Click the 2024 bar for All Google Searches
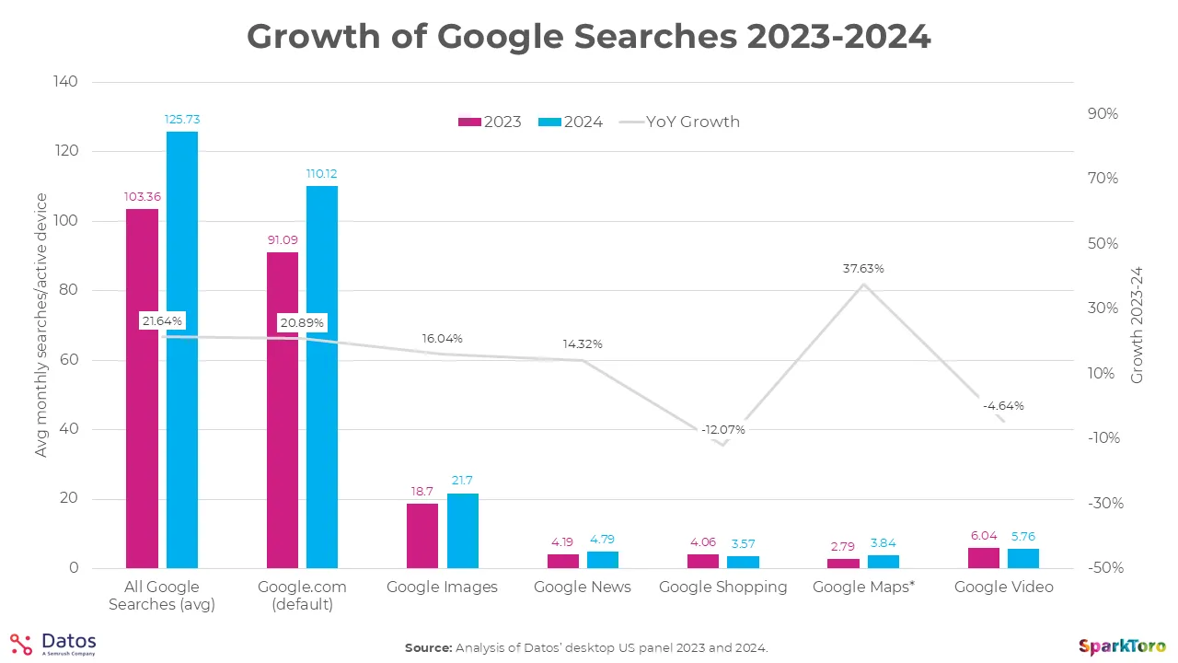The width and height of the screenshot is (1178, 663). click(181, 350)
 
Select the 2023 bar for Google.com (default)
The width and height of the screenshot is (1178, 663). click(283, 410)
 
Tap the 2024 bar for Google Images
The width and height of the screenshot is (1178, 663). click(463, 530)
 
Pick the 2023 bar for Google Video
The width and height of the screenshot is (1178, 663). click(983, 558)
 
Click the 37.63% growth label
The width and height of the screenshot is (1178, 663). click(862, 269)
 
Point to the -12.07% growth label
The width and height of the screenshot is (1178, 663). click(722, 430)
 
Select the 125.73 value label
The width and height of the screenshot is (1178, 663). click(181, 119)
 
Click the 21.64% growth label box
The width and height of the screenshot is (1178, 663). click(162, 320)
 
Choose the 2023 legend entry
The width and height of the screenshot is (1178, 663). click(490, 122)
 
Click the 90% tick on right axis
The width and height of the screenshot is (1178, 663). click(1102, 113)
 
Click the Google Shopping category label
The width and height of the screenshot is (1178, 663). click(722, 587)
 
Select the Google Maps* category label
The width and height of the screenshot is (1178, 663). click(862, 587)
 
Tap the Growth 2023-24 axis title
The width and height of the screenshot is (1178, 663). click(1137, 325)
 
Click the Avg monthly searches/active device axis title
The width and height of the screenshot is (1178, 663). click(40, 325)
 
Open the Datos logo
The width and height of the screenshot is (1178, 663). click(53, 644)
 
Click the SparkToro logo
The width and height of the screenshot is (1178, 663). click(1122, 646)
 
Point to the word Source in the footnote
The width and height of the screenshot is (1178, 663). click(428, 648)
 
